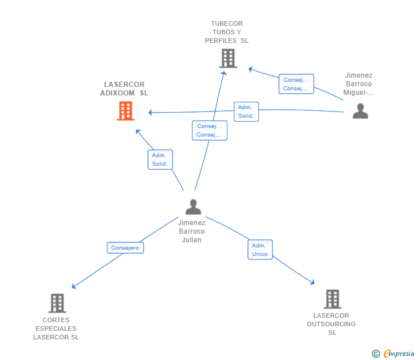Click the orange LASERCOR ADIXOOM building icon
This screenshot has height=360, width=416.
126,111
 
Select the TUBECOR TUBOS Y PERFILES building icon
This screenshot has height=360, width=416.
228,58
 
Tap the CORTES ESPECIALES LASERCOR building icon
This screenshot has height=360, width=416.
57,303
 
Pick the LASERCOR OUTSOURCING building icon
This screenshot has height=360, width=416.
333,299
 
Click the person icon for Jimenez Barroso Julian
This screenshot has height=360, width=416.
193,207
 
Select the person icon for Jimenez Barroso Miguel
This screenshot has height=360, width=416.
360,111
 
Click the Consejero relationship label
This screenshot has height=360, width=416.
125,248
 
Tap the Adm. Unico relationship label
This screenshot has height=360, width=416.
260,250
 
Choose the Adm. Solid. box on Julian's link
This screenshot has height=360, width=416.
160,159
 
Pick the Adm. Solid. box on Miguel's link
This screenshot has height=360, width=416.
246,111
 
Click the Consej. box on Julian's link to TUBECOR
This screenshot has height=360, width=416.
210,130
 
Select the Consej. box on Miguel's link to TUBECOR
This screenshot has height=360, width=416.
297,84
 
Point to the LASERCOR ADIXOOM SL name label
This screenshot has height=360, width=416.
124,89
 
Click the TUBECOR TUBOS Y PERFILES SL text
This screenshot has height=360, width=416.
227,32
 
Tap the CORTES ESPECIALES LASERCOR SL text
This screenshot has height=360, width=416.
56,329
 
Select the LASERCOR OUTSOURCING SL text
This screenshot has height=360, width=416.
331,324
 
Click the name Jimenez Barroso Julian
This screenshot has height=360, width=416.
191,231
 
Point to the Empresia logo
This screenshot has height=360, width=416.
393,353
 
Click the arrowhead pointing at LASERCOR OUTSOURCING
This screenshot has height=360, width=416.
313,282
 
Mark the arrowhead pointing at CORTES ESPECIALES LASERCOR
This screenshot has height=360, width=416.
74,286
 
